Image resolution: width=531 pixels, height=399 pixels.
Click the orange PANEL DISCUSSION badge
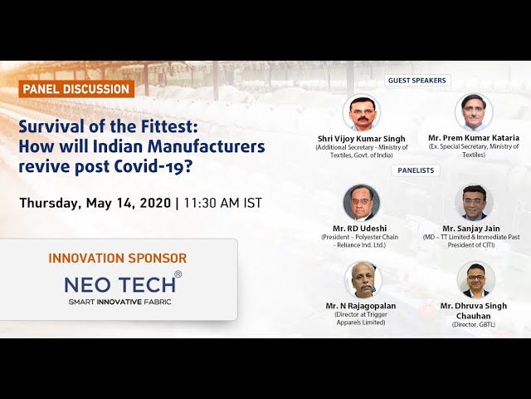(x=76, y=89)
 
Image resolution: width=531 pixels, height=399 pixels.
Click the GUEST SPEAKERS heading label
(x=417, y=81)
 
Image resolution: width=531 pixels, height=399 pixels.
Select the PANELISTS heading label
(x=417, y=170)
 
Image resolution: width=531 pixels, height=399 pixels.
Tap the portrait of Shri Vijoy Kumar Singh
(x=361, y=113)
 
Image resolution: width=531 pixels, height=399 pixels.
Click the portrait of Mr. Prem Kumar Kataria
(x=474, y=112)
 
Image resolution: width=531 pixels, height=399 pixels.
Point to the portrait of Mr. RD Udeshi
(x=361, y=202)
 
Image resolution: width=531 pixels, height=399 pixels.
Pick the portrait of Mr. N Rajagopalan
(x=361, y=280)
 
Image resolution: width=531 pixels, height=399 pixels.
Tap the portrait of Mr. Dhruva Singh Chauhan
(x=475, y=280)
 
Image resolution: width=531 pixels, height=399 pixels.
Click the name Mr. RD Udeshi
(x=361, y=228)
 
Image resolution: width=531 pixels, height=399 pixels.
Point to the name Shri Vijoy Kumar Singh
(x=361, y=138)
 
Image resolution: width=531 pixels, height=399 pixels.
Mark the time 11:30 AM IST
(x=223, y=203)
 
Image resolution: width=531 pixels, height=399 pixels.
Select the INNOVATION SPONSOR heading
(x=117, y=259)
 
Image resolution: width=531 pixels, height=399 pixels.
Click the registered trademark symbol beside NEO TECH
(x=178, y=274)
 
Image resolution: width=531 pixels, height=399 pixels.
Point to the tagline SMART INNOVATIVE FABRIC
(x=119, y=302)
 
